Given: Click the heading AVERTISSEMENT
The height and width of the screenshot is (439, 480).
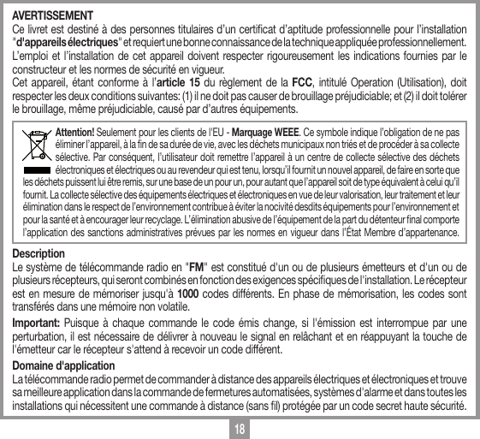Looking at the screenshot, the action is click(52, 15).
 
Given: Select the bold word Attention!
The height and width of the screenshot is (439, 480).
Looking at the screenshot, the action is click(74, 133).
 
